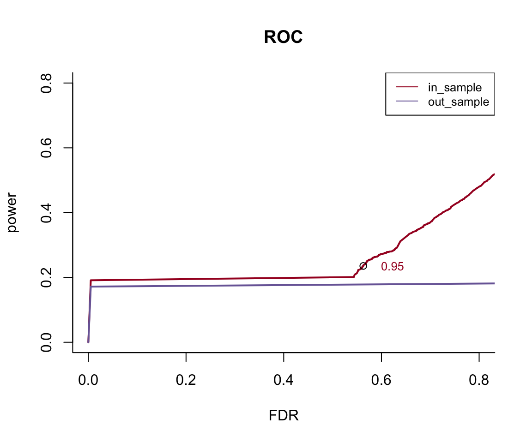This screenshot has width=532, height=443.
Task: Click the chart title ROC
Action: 283,37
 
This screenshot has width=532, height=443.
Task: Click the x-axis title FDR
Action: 284,416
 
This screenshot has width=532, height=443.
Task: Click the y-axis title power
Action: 13,212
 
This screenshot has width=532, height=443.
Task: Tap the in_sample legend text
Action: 455,88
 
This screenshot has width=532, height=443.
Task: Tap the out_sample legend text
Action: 458,102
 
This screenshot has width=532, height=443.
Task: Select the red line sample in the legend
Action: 407,87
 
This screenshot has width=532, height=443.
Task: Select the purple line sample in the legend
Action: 407,102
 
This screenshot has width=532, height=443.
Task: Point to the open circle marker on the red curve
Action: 363,266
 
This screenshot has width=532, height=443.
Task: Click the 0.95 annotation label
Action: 392,267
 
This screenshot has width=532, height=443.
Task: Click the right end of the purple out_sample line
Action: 493,283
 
